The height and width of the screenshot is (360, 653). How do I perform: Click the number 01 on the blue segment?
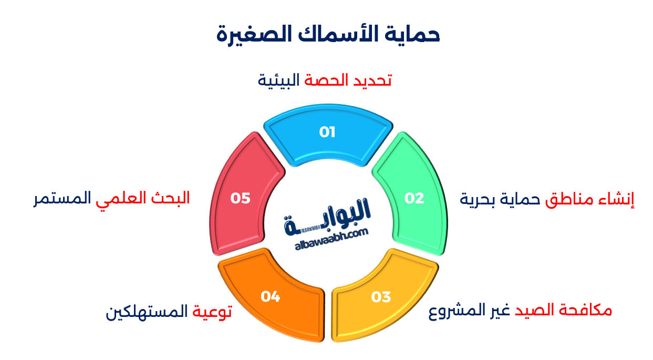pyautogui.click(x=327, y=132)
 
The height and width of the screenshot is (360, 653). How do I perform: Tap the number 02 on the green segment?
pyautogui.click(x=414, y=198)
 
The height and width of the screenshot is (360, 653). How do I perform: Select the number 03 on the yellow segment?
pyautogui.click(x=381, y=297)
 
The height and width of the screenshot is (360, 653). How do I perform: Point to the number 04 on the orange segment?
pyautogui.click(x=270, y=296)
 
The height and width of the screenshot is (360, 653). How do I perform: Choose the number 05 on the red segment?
pyautogui.click(x=240, y=198)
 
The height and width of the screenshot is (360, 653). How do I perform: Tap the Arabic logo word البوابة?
pyautogui.click(x=328, y=214)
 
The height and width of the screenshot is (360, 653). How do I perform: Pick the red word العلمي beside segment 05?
pyautogui.click(x=120, y=199)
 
